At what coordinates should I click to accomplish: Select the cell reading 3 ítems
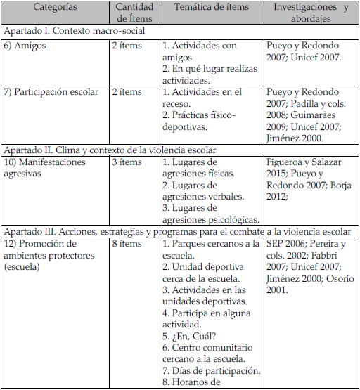(x=126, y=162)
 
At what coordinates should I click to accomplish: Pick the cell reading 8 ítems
(x=126, y=243)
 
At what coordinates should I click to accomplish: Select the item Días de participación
(x=211, y=370)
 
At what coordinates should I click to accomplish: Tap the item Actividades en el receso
(x=204, y=97)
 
